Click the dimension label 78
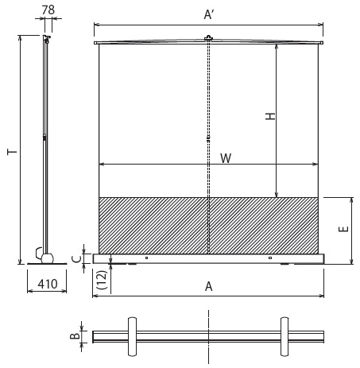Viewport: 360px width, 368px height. click(48, 10)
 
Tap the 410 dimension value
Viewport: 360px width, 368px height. click(48, 284)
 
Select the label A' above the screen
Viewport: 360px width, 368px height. click(209, 14)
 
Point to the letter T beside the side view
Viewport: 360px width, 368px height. click(12, 152)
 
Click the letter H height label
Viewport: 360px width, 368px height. click(270, 116)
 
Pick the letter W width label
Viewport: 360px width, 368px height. click(226, 158)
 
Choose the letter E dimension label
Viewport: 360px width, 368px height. click(343, 229)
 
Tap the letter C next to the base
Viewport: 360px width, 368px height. click(76, 258)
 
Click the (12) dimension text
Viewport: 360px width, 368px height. click(103, 280)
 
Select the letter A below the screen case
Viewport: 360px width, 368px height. click(209, 286)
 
